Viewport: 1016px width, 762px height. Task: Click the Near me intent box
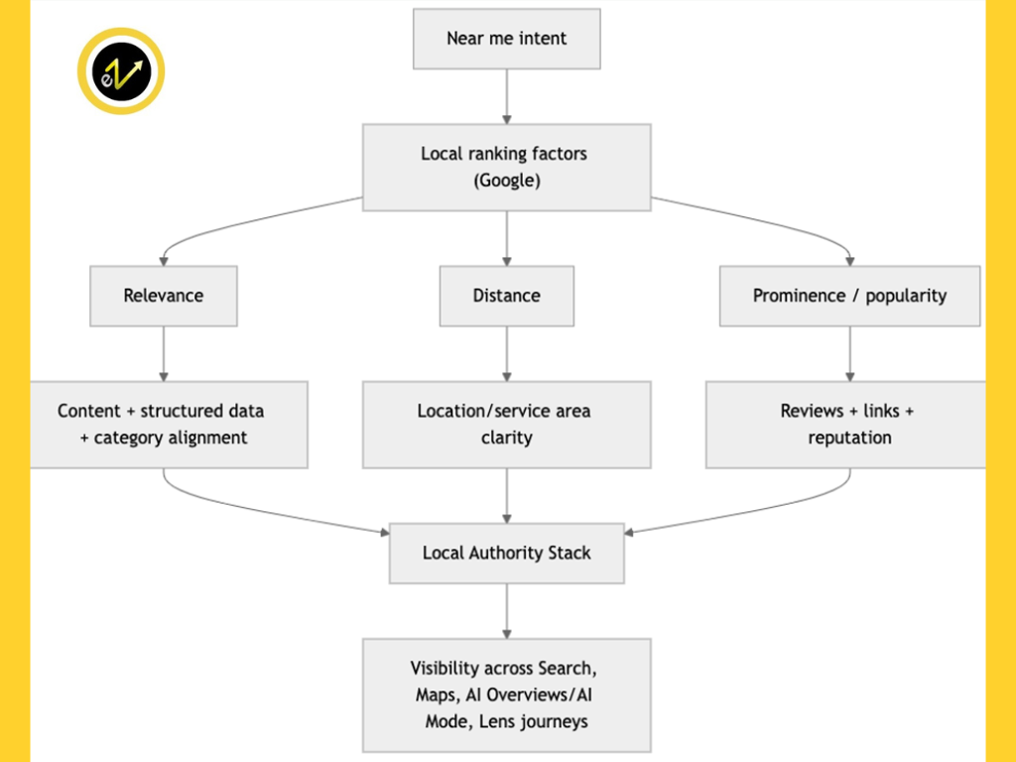tap(506, 39)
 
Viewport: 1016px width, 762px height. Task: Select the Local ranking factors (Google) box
tap(506, 167)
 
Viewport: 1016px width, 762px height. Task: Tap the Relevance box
tap(164, 296)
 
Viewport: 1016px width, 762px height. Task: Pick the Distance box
tap(506, 296)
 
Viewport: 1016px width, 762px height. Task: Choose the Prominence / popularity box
tap(849, 296)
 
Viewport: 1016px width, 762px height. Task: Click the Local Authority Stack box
tap(506, 553)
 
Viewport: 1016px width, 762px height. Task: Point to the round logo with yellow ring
tap(120, 71)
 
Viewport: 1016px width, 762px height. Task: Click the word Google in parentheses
tap(506, 182)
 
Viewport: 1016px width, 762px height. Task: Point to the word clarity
tap(506, 438)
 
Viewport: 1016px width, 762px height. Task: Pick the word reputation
tap(849, 438)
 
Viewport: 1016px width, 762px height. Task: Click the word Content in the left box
tap(89, 411)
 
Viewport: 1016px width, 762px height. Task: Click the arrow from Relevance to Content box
tap(164, 353)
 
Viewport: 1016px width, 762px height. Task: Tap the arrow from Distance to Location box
tap(506, 353)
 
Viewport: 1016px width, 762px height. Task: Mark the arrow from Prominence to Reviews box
tap(849, 353)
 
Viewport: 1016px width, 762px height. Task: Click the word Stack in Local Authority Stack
tap(569, 553)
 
